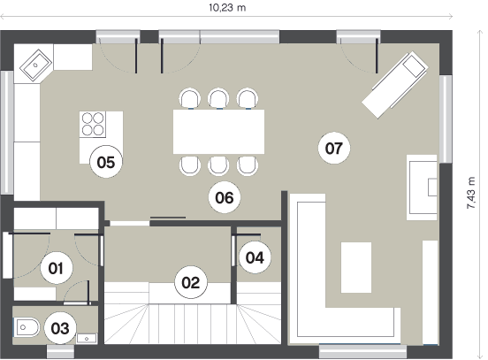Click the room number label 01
tap(57, 268)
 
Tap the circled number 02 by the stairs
tap(191, 282)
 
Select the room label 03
tap(60, 328)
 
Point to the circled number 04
tap(255, 257)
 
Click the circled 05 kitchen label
tap(106, 162)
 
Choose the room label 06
tap(225, 197)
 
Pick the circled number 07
tap(334, 148)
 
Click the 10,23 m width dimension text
tap(227, 7)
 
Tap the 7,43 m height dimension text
tap(471, 193)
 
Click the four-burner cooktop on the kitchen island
tap(93, 124)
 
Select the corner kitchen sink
tap(35, 65)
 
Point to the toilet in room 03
tap(27, 327)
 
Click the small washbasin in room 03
tap(87, 338)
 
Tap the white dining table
tap(218, 132)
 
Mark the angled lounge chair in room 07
tap(395, 85)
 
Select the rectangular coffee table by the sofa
tap(356, 267)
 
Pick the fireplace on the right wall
tap(422, 188)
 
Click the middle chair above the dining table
tap(218, 99)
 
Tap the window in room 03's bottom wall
tap(60, 351)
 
